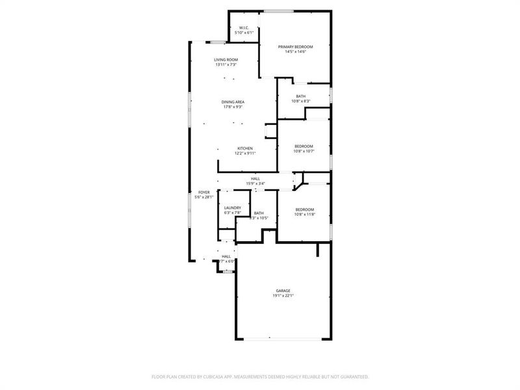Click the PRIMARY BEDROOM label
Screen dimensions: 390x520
click(x=296, y=47)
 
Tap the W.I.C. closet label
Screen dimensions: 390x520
click(x=244, y=28)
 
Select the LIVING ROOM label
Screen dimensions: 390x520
click(x=226, y=60)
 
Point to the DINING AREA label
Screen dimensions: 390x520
click(x=233, y=102)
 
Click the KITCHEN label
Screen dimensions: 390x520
click(x=244, y=148)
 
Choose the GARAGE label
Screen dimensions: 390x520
click(x=283, y=291)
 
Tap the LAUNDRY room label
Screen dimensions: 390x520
click(x=233, y=207)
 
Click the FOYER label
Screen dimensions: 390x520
click(x=204, y=192)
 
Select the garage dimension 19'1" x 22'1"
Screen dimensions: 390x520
click(x=283, y=296)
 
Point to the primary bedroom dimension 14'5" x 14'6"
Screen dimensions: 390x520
click(x=296, y=52)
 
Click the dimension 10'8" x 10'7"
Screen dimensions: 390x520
click(x=304, y=151)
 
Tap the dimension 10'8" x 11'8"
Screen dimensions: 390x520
click(x=304, y=214)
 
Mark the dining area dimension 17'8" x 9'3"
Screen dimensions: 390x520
click(x=233, y=107)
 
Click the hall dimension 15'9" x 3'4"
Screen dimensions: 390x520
click(x=255, y=183)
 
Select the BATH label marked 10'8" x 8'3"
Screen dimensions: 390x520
click(x=300, y=96)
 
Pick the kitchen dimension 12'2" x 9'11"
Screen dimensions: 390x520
click(x=245, y=153)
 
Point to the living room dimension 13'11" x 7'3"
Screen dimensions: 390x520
click(x=226, y=65)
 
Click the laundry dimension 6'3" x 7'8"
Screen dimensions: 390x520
click(x=233, y=213)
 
